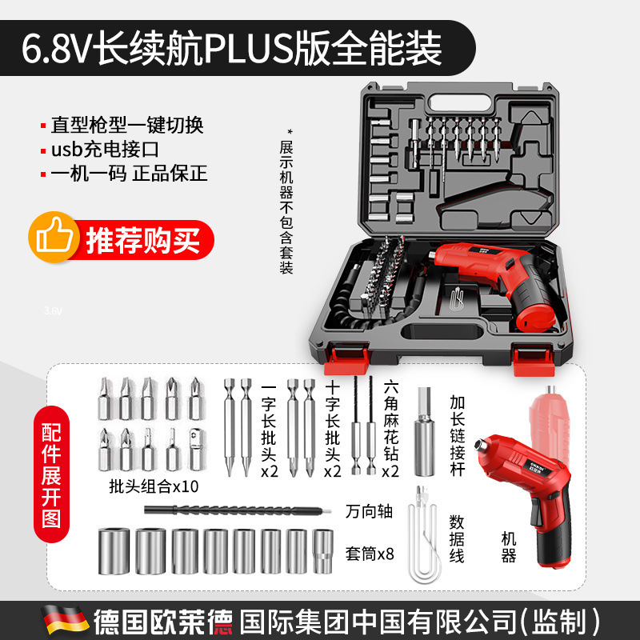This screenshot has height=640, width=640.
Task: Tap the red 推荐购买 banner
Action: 142,238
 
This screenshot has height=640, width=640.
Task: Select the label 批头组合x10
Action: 154,486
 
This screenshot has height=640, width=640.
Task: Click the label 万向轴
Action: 369,510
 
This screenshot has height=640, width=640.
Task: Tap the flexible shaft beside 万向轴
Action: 216,510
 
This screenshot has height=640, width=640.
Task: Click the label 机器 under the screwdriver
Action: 509,547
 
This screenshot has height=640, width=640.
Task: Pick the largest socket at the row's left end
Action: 111,550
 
